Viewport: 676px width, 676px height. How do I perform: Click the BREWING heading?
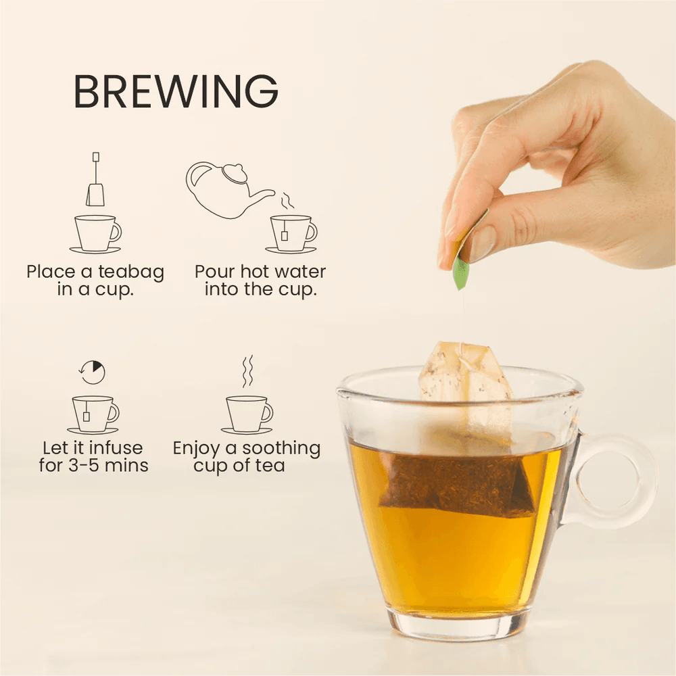[x=176, y=91]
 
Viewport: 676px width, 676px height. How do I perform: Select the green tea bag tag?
[x=461, y=272]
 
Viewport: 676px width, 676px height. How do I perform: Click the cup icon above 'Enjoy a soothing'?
[x=247, y=414]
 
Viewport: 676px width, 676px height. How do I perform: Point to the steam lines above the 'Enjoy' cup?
[x=247, y=371]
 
